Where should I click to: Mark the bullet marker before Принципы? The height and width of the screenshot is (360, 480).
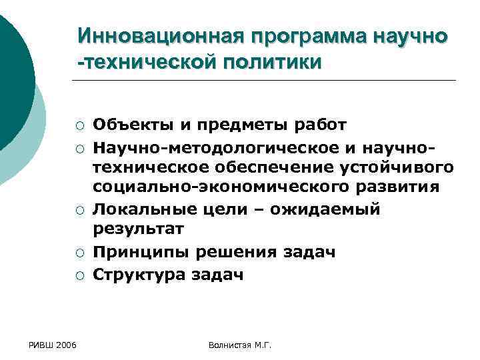tap(79, 253)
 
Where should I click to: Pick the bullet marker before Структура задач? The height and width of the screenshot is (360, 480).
tap(79, 275)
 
